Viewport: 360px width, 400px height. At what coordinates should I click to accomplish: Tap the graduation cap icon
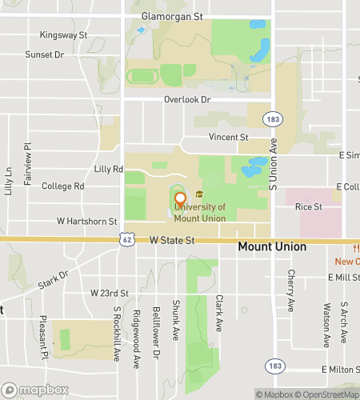point(199,194)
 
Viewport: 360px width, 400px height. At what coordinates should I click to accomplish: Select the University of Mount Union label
point(193,212)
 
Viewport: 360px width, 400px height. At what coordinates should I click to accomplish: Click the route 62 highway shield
point(126,239)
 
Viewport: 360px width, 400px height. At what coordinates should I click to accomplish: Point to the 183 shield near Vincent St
point(274,118)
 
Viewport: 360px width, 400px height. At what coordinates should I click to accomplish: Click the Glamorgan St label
point(173,16)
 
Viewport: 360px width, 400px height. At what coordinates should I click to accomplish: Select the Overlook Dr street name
point(187,99)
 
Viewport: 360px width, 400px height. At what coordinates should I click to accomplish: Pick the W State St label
point(172,240)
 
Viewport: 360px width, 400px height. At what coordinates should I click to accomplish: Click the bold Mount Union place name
point(272,247)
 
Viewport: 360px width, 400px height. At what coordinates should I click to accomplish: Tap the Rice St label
point(308,206)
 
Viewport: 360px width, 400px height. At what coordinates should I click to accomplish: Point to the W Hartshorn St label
point(87,221)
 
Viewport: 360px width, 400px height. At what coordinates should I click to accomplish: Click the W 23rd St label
point(110,294)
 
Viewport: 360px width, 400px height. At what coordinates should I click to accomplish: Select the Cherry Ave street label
point(291,291)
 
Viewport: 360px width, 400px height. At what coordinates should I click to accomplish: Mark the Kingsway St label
point(63,35)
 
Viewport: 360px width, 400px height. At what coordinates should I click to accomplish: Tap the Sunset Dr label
point(44,54)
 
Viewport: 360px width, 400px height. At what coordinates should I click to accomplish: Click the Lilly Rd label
point(108,169)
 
